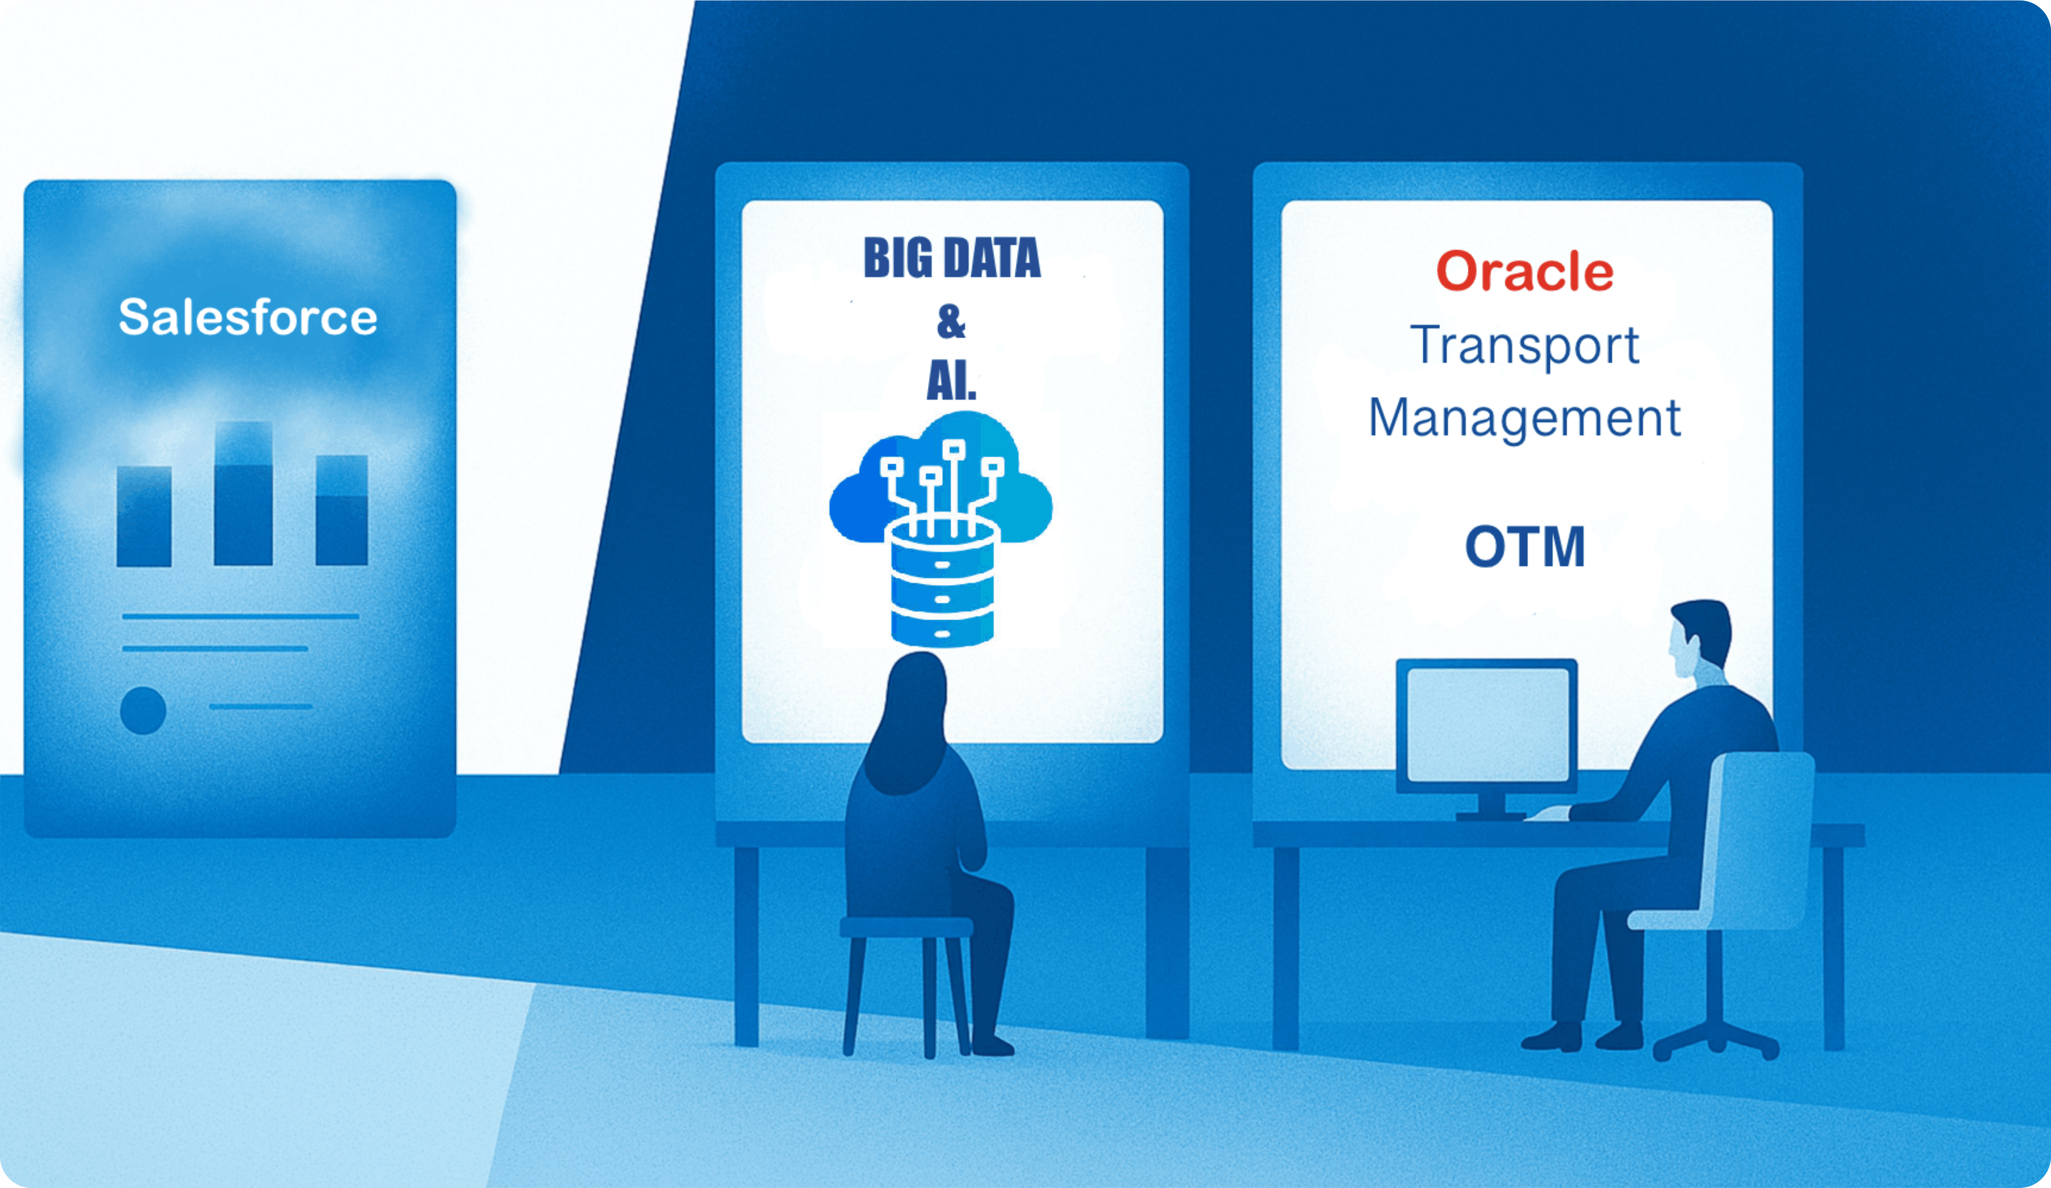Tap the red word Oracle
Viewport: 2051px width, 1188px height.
pos(1524,271)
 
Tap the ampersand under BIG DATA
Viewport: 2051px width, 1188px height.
pos(951,322)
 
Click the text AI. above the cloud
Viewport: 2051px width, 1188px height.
pos(951,379)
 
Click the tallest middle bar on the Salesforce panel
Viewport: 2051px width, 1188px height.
pos(243,494)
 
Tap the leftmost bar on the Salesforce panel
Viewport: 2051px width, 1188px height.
pos(144,516)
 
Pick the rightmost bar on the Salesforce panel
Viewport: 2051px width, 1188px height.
pos(342,510)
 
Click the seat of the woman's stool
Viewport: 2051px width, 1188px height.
pos(906,927)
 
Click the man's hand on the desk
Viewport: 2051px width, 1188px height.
pos(1548,813)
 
